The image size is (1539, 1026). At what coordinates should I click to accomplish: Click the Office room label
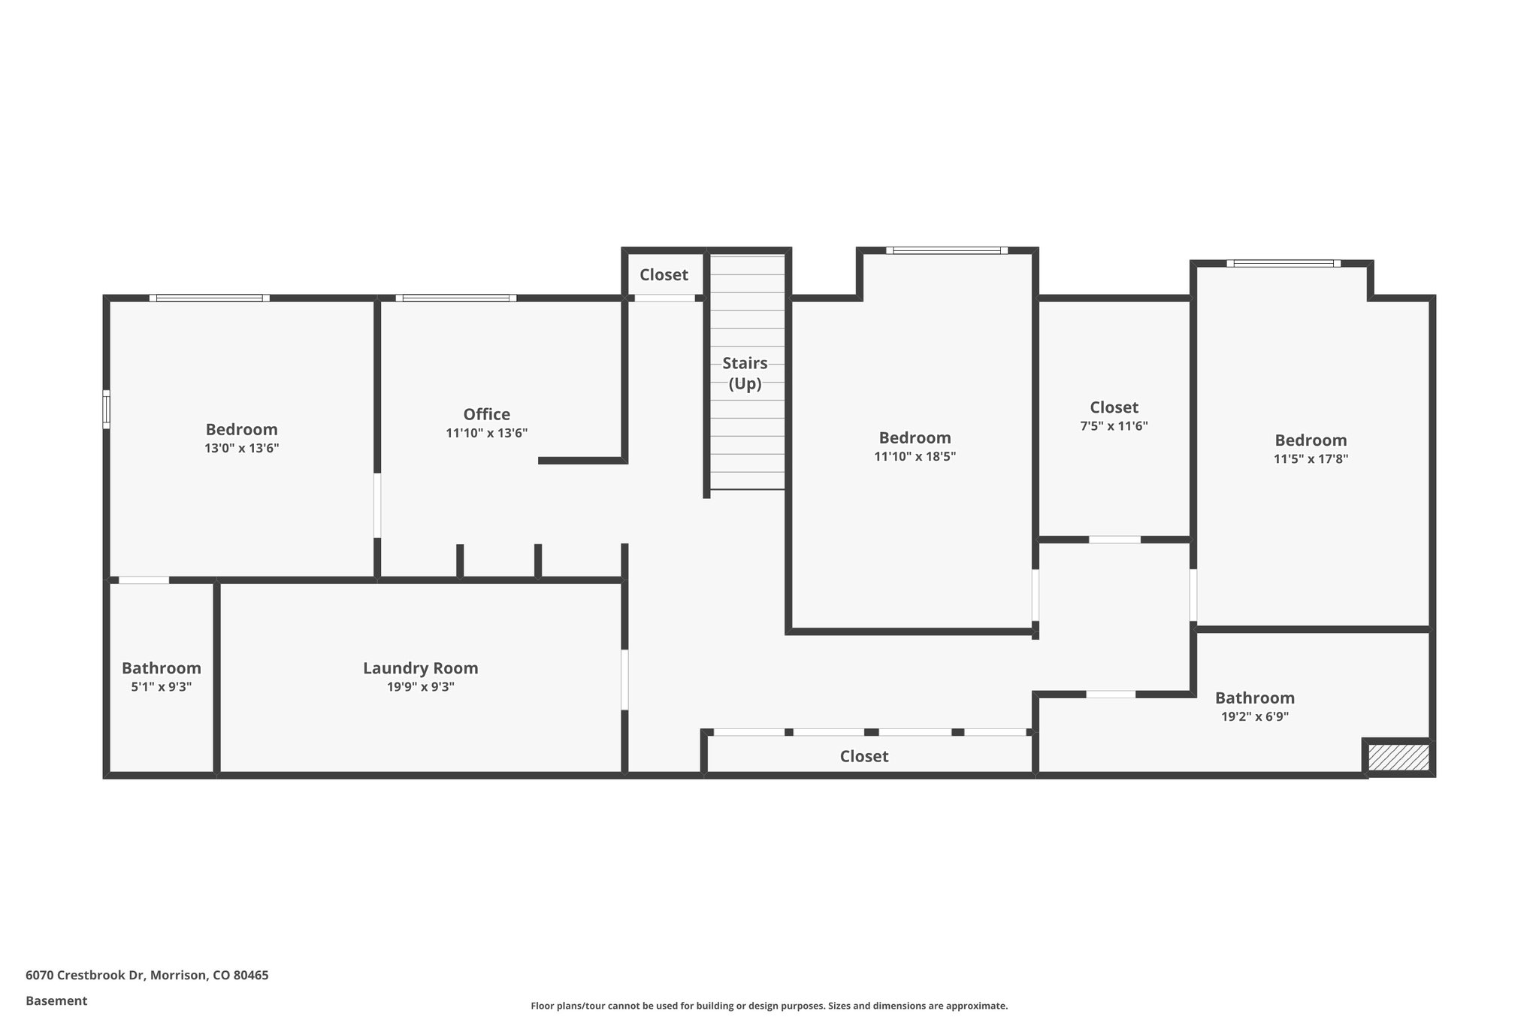(486, 414)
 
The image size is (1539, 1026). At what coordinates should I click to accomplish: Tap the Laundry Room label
(420, 668)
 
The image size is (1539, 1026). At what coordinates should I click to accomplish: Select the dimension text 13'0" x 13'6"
(241, 448)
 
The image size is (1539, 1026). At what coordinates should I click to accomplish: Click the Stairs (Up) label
(745, 373)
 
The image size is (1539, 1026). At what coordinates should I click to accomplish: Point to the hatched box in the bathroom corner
(1398, 757)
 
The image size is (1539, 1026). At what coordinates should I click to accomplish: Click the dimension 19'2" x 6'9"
(1254, 717)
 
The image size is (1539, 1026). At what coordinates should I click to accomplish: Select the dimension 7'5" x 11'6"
(1114, 426)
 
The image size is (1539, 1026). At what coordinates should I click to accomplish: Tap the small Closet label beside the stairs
(664, 275)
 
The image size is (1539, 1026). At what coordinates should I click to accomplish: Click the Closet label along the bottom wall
(863, 756)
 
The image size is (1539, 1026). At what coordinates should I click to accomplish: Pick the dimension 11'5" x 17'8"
(1310, 459)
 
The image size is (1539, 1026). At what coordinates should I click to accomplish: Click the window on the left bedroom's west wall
(107, 410)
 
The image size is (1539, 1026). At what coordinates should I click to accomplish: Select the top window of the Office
(456, 298)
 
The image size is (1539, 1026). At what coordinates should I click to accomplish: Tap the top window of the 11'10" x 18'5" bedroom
(946, 250)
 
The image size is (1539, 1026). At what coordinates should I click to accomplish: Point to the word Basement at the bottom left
(56, 1000)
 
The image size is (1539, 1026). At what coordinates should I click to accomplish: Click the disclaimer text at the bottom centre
(769, 1006)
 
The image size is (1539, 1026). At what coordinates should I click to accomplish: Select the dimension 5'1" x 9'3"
(161, 687)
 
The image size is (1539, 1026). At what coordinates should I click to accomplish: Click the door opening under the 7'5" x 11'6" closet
(1114, 540)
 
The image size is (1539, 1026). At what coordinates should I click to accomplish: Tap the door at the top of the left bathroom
(144, 580)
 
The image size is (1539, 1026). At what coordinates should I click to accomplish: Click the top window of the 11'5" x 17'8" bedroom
(1284, 263)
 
